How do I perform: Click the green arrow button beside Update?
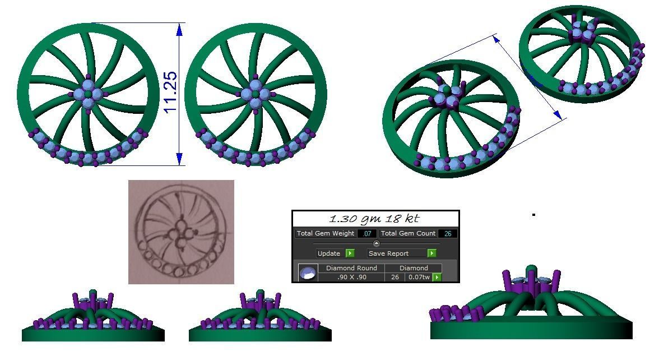coord(350,253)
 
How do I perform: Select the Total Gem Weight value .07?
coord(367,234)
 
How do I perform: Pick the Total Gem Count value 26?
coord(448,234)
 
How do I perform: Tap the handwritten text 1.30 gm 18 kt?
coord(374,219)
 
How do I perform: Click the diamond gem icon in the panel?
coord(308,273)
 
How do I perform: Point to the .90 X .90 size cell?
coord(351,277)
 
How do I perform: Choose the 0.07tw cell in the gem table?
coord(419,277)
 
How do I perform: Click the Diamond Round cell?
coord(351,268)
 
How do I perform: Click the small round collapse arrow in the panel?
coord(376,243)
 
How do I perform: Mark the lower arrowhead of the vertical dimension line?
coord(179,159)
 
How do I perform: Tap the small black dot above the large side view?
coord(533,214)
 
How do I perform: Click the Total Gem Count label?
coord(408,234)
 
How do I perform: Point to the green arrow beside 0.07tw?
coord(437,277)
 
